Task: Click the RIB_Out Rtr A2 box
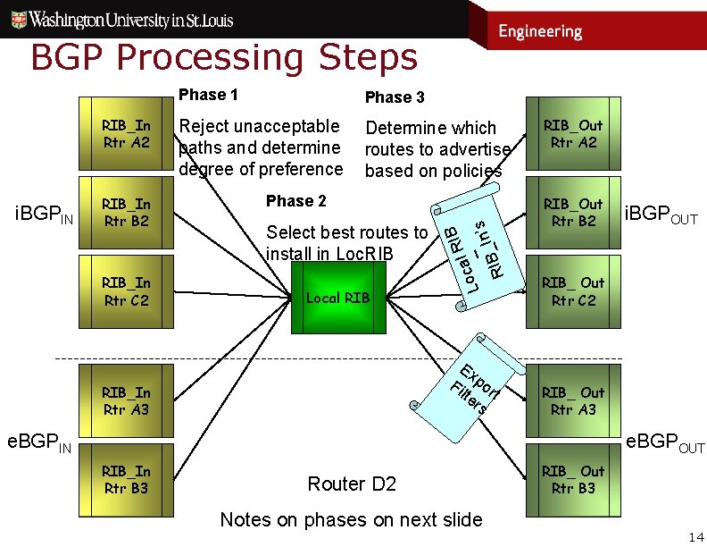pos(572,134)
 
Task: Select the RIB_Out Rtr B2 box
pos(572,213)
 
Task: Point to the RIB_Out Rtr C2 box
pos(572,291)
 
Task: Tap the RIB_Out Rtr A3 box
pos(572,401)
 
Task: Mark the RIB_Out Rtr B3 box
pos(572,480)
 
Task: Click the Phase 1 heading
pos(208,95)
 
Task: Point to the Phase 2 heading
pos(296,201)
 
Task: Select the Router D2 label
pos(351,484)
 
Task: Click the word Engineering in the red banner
pos(540,31)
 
